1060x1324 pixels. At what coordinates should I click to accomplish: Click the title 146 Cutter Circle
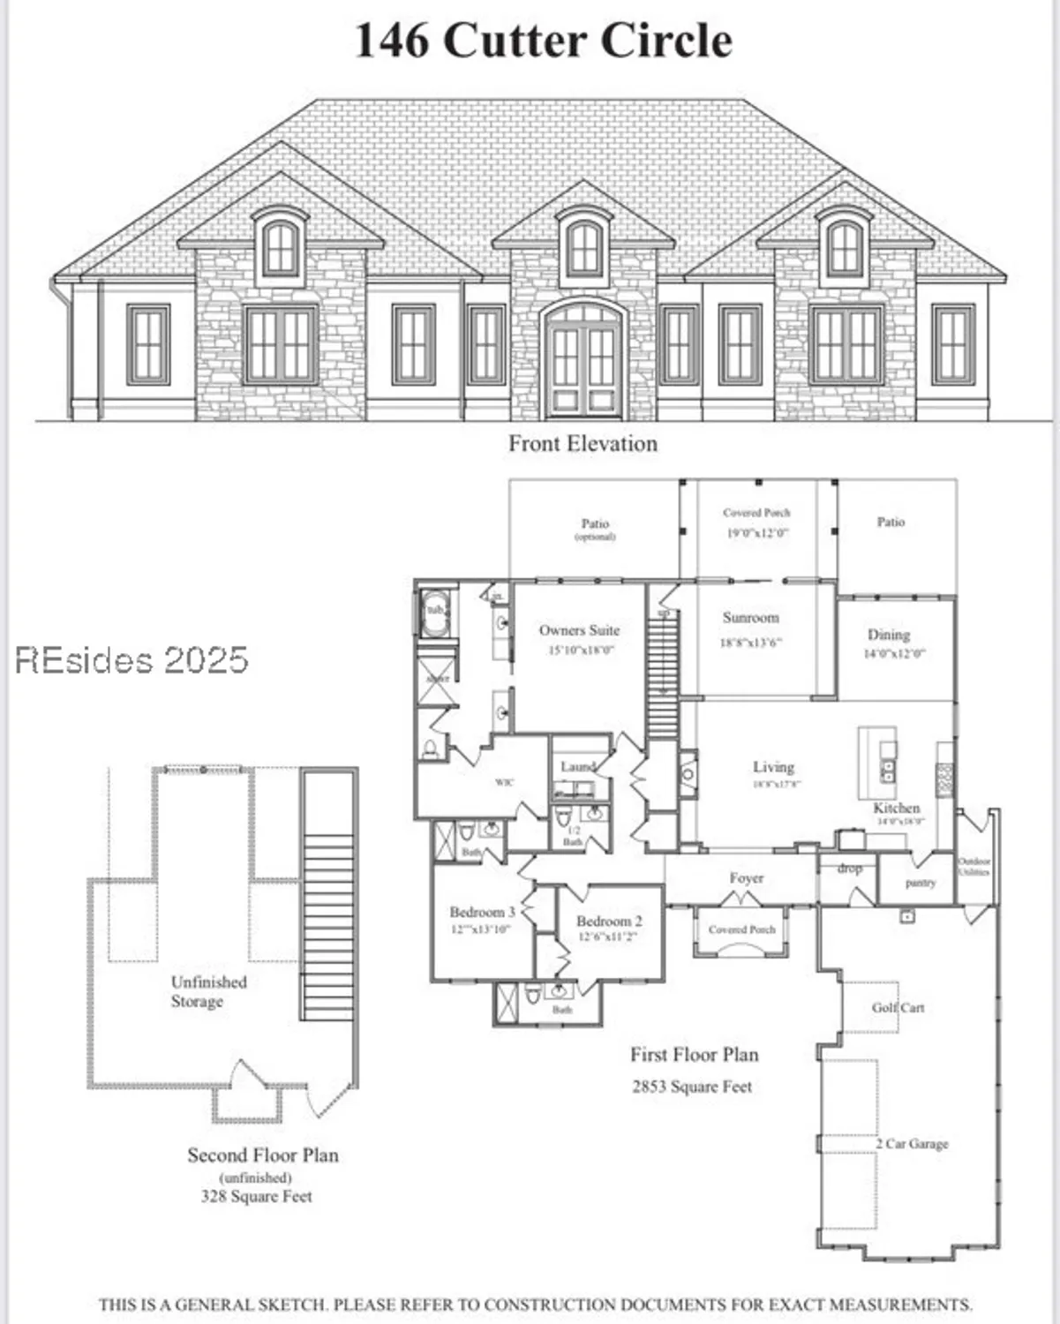543,41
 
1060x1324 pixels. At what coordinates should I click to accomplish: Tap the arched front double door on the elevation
583,362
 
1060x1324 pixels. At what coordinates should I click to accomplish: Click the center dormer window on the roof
583,246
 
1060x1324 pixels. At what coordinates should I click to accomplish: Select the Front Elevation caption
583,443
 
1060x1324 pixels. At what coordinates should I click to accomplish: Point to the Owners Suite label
579,630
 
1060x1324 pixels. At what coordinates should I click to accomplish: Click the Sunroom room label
750,618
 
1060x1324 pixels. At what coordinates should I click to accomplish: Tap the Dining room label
889,635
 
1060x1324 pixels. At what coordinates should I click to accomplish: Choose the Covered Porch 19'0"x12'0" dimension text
757,533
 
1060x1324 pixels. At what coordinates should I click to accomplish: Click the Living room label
773,767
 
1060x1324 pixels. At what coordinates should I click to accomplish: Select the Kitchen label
897,808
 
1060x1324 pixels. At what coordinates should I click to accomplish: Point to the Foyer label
746,878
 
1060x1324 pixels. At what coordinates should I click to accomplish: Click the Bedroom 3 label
482,912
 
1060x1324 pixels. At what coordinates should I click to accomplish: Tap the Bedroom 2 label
609,921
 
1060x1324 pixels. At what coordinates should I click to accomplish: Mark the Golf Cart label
898,1007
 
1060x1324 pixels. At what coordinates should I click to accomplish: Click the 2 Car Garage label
912,1143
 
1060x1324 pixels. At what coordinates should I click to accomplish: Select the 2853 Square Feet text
692,1087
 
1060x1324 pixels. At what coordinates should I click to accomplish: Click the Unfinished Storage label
208,991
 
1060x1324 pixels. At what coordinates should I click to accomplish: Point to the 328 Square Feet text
256,1196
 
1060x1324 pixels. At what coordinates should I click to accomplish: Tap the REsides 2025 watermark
132,659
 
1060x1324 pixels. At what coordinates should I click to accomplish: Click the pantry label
920,883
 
